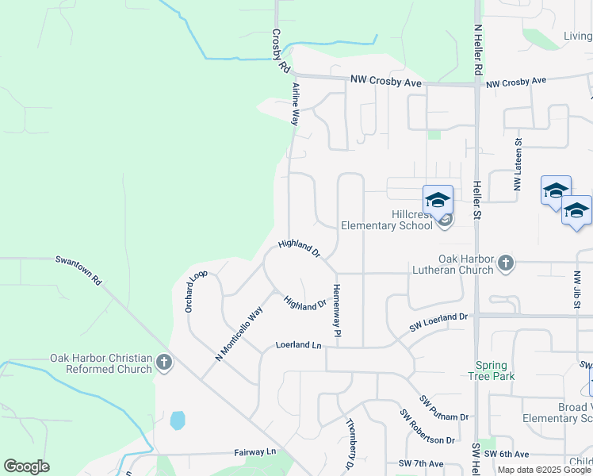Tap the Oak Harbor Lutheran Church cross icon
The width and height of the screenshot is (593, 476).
coord(506,263)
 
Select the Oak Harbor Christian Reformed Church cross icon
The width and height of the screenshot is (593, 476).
coord(164,363)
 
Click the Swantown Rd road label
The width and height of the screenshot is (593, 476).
coord(78,271)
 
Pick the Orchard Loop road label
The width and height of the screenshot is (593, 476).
coord(196,290)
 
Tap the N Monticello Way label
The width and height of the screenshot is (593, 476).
coord(239,334)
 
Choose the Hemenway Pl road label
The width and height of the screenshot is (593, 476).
coord(337,313)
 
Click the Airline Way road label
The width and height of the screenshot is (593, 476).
coord(295,104)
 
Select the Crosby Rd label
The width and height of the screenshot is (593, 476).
coord(280,52)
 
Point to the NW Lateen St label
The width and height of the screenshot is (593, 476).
coord(518,165)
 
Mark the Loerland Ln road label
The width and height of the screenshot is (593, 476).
coord(299,345)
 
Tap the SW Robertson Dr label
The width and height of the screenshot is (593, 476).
coord(427,427)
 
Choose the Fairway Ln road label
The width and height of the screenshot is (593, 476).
coord(254,451)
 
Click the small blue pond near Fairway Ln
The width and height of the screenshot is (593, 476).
coord(178,420)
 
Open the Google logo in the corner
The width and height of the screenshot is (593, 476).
coord(26,466)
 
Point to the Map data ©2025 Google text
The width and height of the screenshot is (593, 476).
coord(544,470)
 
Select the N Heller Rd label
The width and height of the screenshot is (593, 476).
coord(477,49)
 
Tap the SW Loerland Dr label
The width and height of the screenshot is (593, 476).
coord(439,321)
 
